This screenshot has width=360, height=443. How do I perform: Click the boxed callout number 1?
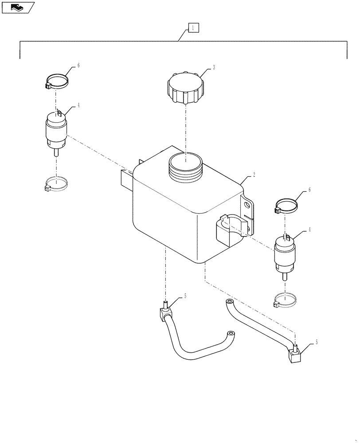(x=193, y=28)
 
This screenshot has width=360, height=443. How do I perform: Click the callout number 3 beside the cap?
(x=214, y=67)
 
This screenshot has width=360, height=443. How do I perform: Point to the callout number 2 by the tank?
(x=254, y=175)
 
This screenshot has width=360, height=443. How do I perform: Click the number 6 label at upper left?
(x=78, y=65)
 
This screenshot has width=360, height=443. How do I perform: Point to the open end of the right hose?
(x=229, y=302)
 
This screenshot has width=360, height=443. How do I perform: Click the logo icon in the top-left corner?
(x=18, y=7)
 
